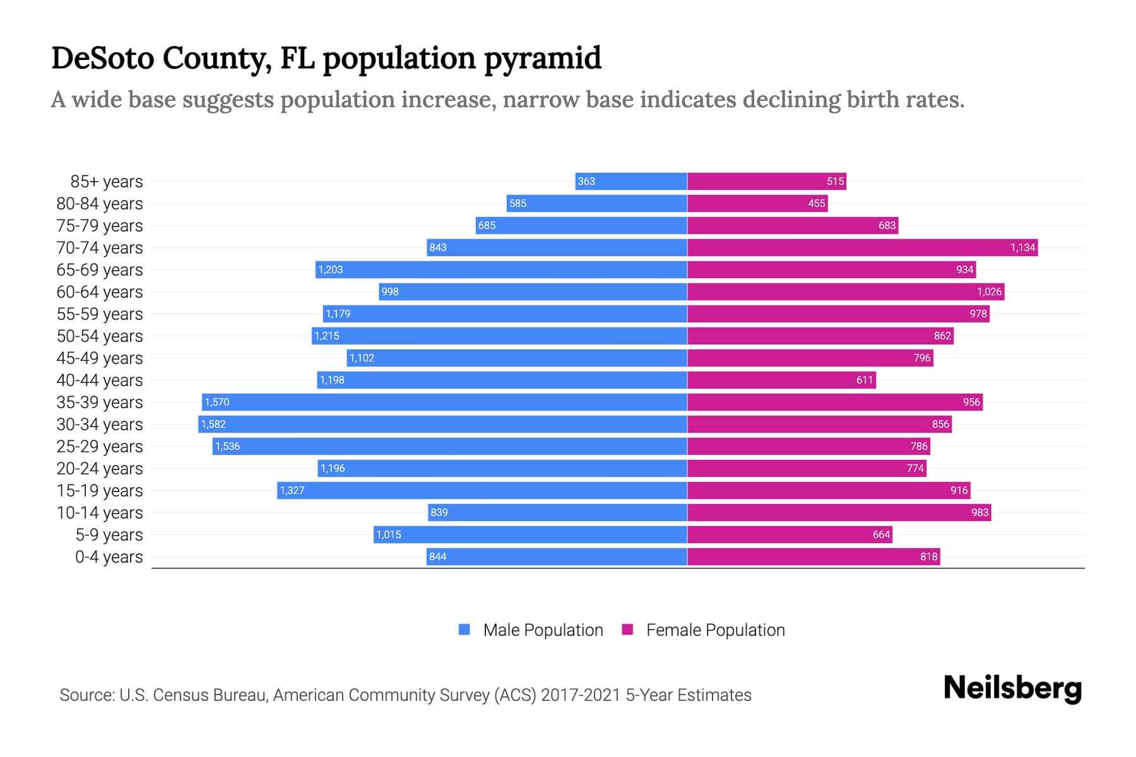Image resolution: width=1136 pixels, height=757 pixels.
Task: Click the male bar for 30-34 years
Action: (442, 424)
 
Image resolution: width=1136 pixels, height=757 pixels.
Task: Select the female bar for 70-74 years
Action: (862, 247)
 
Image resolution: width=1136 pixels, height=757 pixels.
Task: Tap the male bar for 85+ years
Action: (631, 181)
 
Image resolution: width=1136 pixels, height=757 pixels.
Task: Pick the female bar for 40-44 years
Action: (781, 380)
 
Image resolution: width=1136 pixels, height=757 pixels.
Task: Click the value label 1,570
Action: (217, 402)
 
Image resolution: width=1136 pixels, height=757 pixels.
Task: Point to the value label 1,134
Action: (1022, 247)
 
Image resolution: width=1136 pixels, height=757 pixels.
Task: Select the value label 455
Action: (816, 203)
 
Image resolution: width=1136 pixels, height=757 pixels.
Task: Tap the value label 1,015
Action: (388, 534)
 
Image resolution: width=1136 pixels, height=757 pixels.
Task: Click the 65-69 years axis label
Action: (100, 270)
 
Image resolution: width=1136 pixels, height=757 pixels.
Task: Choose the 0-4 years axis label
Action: (109, 557)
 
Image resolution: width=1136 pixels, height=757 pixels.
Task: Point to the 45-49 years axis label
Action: (100, 358)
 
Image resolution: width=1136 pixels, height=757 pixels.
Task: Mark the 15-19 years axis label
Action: (100, 491)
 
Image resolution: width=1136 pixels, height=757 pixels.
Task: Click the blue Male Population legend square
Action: (464, 630)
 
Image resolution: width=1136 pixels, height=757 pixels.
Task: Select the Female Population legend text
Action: (715, 630)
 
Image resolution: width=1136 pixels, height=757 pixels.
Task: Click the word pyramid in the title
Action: (542, 58)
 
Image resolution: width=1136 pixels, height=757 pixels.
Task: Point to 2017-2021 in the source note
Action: (580, 695)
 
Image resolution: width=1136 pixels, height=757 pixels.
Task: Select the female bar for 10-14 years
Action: (839, 512)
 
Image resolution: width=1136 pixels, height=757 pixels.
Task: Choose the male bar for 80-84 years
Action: (596, 203)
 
